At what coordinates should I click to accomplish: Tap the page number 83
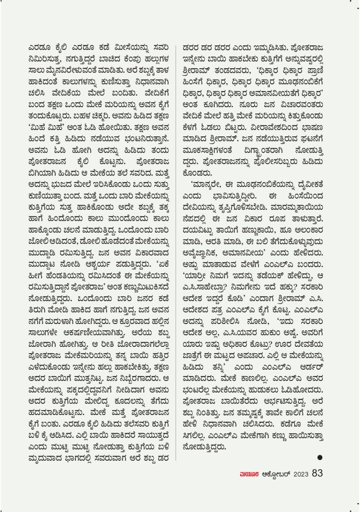pyautogui.click(x=317, y=473)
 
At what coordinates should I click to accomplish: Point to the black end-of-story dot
pyautogui.click(x=320, y=457)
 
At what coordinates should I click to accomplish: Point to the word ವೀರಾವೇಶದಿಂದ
pyautogui.click(x=271, y=128)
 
